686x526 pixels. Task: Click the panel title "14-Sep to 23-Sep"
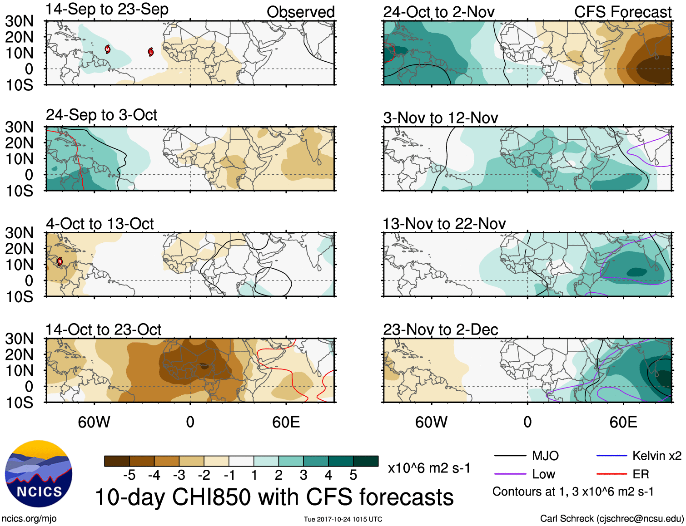point(107,9)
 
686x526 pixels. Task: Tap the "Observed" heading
point(300,12)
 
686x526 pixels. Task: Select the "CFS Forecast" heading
point(622,12)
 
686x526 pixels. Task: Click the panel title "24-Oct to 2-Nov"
point(438,12)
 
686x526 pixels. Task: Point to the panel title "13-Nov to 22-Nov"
point(444,224)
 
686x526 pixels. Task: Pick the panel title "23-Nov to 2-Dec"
point(440,329)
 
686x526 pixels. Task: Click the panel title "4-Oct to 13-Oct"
point(99,224)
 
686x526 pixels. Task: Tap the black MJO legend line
point(510,456)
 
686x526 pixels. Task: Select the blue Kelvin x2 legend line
point(611,456)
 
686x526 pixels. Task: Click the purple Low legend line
point(510,474)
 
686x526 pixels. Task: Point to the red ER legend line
point(611,474)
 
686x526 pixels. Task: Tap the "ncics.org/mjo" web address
point(29,518)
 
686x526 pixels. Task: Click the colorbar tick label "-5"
point(129,475)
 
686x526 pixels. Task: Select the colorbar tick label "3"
point(303,475)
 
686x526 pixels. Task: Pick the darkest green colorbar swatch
point(366,461)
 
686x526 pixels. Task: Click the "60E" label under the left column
point(286,422)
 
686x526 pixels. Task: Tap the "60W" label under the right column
point(431,422)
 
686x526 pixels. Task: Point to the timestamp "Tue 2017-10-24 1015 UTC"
point(343,519)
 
